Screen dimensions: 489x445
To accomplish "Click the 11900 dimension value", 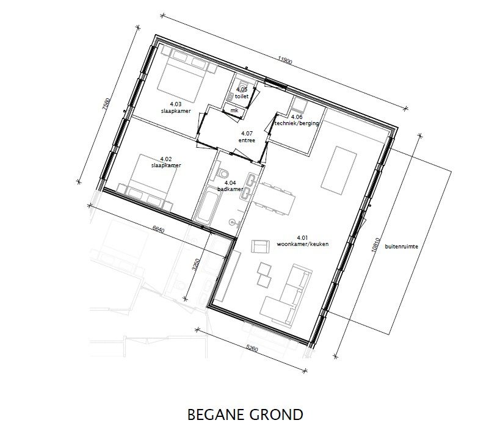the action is pos(285,61).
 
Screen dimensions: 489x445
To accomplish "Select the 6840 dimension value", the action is pos(158,230).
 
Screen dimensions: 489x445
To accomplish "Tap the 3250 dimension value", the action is pos(195,265).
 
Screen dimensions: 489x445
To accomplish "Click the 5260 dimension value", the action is pos(252,348).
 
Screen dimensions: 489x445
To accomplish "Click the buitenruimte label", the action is pos(401,247).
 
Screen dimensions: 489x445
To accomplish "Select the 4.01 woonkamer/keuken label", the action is pos(303,241).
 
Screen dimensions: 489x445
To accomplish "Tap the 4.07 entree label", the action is pos(247,137).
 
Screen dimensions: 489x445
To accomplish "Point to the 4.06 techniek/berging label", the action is pos(297,120).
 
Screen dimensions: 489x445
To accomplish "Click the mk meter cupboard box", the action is pos(234,110).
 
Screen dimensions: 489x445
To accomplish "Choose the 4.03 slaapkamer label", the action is pos(176,107).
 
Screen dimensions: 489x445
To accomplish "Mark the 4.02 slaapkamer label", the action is pos(166,162).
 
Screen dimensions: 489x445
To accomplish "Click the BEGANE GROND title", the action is pos(245,414).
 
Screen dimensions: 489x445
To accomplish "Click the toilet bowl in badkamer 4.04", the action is pos(223,173).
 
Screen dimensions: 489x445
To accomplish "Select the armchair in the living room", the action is pos(261,247).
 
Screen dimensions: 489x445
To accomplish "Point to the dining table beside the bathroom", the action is pos(273,198).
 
